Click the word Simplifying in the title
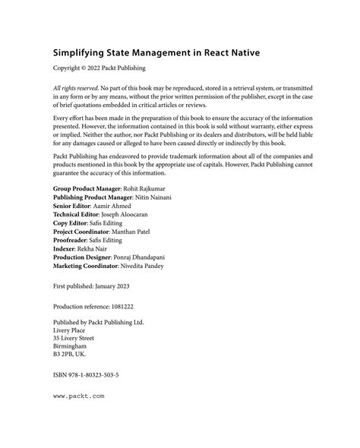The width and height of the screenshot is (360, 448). tap(82, 53)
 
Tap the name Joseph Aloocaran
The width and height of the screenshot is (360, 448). tap(142, 238)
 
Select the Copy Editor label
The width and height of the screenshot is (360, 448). tap(74, 248)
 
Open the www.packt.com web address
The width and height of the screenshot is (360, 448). tap(78, 439)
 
